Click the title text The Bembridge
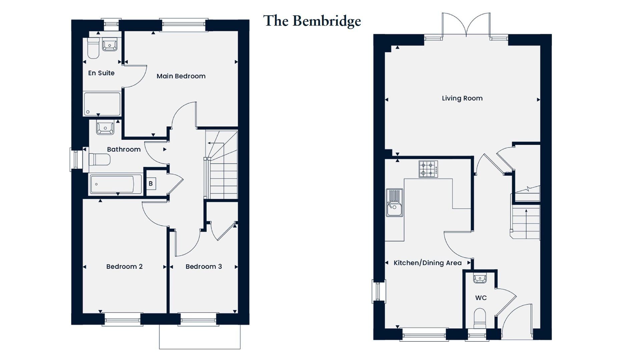[x=312, y=21]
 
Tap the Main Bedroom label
[x=181, y=76]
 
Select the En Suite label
[x=101, y=73]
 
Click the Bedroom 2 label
[x=124, y=267]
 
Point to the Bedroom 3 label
[x=204, y=267]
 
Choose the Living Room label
[x=462, y=98]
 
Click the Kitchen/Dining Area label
[x=427, y=263]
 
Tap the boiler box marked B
[x=151, y=184]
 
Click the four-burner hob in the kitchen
[x=428, y=169]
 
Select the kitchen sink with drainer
[x=394, y=203]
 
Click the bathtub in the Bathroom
[x=112, y=184]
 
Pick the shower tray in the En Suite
[x=102, y=104]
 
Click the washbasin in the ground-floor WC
[x=480, y=278]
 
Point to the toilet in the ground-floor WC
[x=480, y=319]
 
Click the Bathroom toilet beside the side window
[x=99, y=159]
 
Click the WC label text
[x=481, y=298]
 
